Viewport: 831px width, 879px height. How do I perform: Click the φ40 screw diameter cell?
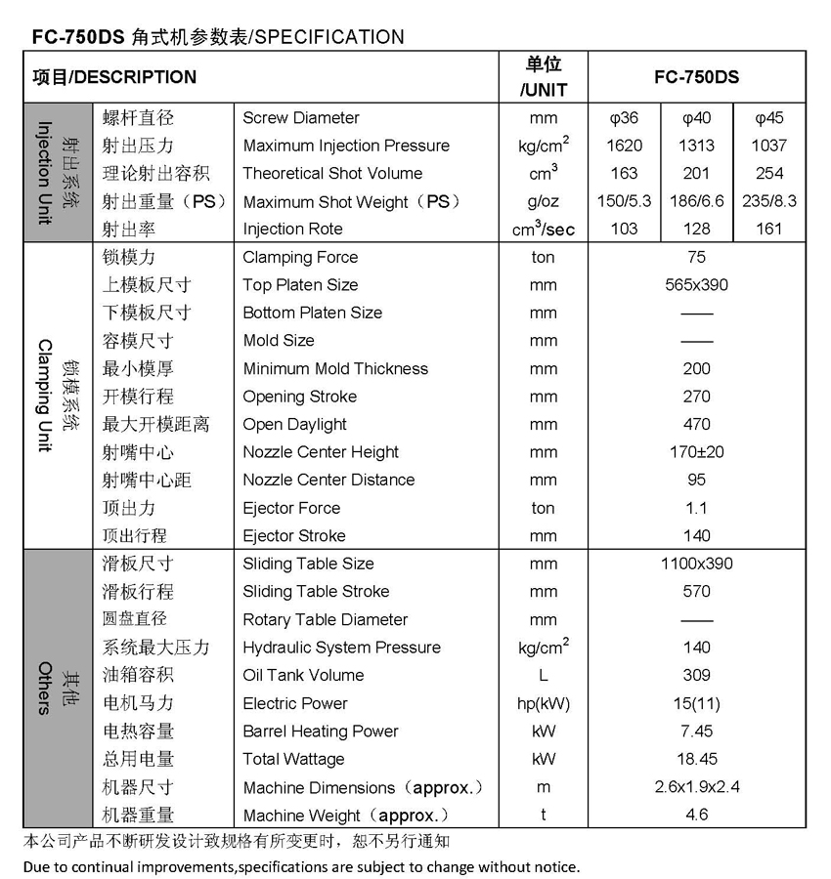[x=697, y=118]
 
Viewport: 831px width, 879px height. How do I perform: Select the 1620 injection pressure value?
[x=624, y=146]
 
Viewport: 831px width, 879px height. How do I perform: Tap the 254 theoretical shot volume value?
[x=769, y=173]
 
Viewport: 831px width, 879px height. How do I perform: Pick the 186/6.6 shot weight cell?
[x=697, y=201]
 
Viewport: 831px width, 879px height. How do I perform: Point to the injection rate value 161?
[x=769, y=229]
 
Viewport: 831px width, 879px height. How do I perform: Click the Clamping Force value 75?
[x=697, y=257]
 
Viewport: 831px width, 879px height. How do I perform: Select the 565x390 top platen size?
[x=697, y=285]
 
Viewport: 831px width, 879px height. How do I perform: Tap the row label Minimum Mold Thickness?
[x=335, y=368]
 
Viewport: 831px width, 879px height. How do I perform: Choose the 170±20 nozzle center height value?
[x=697, y=452]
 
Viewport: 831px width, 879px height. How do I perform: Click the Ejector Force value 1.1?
[x=697, y=508]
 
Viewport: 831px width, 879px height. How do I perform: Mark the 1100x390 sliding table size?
[x=697, y=564]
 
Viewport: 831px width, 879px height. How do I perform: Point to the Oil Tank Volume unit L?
[x=544, y=675]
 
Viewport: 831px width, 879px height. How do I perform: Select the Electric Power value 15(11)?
[x=697, y=703]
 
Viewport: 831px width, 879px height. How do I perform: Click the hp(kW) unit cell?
[x=544, y=703]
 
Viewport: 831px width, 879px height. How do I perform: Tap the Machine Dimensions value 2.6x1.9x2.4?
[x=697, y=786]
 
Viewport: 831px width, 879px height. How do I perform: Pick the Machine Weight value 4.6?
[x=697, y=814]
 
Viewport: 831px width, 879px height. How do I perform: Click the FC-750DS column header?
[x=697, y=77]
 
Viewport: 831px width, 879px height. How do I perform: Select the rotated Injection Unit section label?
[x=44, y=173]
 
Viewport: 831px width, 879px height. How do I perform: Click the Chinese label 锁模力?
[x=129, y=257]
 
